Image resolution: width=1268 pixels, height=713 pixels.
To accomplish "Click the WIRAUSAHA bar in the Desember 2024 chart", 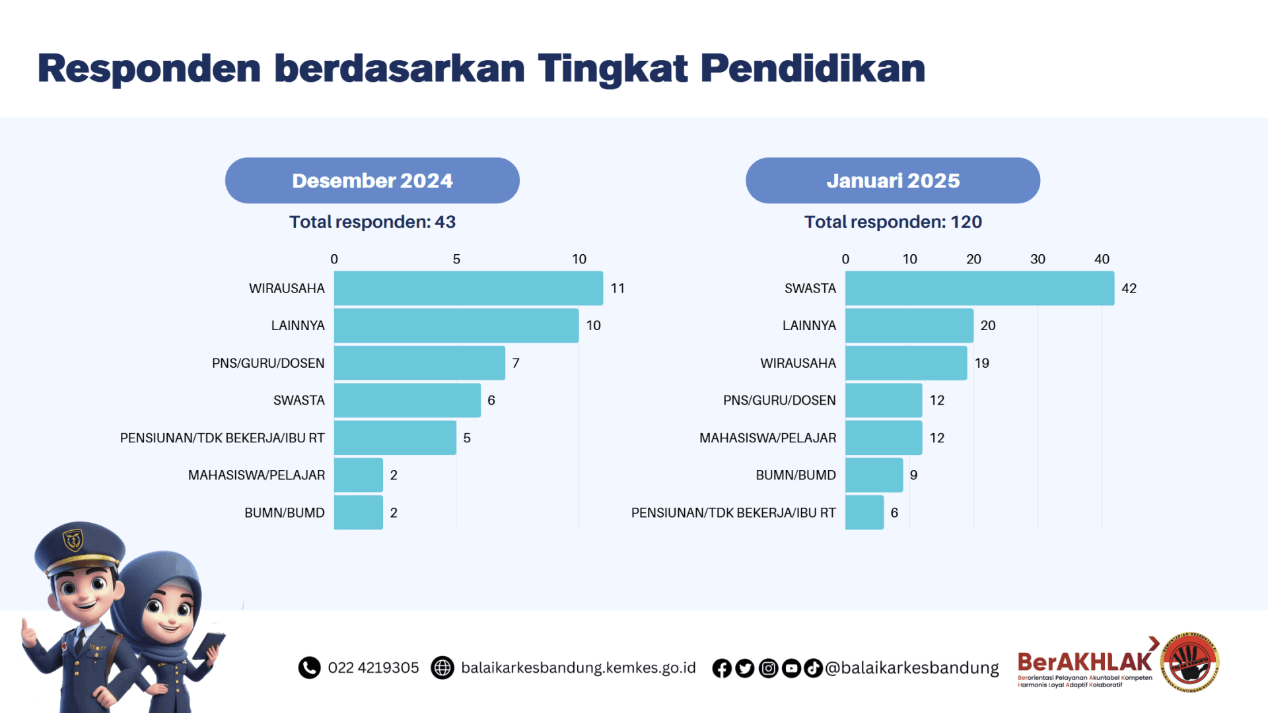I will [x=468, y=288].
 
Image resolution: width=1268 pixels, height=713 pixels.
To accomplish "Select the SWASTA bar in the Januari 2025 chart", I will [x=979, y=288].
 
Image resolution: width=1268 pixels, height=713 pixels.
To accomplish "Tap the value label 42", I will [x=1129, y=289].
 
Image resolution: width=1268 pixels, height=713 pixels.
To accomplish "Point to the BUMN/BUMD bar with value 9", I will [x=873, y=475].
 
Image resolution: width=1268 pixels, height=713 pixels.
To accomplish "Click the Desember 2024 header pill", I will [x=372, y=180].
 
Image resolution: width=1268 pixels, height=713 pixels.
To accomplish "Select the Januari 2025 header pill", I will [x=892, y=180].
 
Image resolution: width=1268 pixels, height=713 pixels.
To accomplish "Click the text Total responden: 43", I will [x=372, y=222].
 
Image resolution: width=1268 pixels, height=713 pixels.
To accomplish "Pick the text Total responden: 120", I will [x=892, y=222].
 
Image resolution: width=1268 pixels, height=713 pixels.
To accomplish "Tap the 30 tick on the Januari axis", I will [x=1037, y=259].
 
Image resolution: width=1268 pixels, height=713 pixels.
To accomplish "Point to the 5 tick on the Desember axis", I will [x=456, y=259].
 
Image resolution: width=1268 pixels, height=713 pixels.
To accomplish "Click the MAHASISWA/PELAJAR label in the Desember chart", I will [x=256, y=475].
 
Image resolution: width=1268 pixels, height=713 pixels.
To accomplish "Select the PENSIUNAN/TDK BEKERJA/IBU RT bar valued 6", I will [x=864, y=512].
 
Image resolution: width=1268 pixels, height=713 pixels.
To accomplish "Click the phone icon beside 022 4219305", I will [x=309, y=667].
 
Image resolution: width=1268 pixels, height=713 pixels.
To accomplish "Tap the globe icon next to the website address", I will [x=442, y=667].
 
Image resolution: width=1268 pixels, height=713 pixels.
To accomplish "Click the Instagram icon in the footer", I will [x=768, y=668].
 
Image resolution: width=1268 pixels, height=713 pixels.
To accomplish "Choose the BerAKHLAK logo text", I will [x=1084, y=662].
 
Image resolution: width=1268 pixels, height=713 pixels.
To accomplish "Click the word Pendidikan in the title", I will [x=812, y=68].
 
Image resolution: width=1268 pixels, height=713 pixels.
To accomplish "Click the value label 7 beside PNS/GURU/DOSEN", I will [x=516, y=363].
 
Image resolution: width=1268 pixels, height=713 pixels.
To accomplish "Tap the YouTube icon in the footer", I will [x=791, y=668].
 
